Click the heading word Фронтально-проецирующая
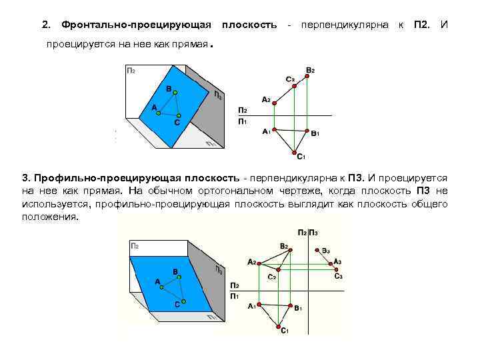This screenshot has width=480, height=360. [136, 25]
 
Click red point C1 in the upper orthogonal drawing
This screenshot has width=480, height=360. [295, 152]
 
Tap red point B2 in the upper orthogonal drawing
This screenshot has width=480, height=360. [306, 76]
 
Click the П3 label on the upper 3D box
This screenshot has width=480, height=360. [218, 95]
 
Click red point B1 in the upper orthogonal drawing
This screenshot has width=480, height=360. [307, 131]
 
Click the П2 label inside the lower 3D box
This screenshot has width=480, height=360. [134, 246]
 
